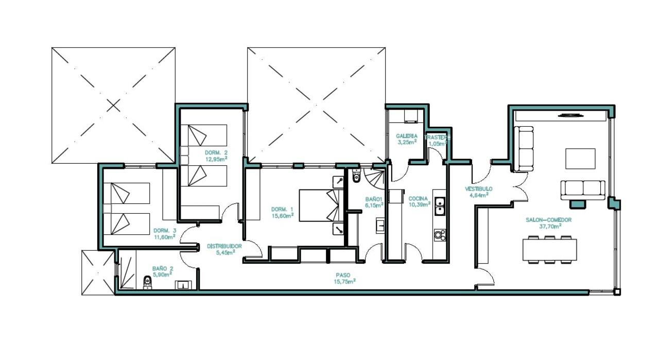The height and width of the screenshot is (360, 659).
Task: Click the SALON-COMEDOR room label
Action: click(x=548, y=219)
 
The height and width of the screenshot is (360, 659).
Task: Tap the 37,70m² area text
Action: click(x=550, y=226)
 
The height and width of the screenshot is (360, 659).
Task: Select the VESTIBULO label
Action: click(x=478, y=189)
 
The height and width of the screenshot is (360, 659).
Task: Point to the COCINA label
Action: click(x=418, y=198)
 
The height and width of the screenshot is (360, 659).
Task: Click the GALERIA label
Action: click(x=406, y=136)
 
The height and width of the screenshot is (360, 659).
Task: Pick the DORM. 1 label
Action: click(x=282, y=209)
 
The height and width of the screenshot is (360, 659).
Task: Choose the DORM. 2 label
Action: click(x=216, y=153)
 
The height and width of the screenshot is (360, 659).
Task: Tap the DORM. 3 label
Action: click(x=165, y=230)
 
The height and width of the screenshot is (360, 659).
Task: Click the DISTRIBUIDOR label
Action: click(x=224, y=246)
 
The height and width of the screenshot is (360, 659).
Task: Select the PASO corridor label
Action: click(x=344, y=275)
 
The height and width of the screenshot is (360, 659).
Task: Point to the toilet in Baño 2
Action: click(x=148, y=282)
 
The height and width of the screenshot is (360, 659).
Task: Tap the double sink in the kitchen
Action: click(x=440, y=206)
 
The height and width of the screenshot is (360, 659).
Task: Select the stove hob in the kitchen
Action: click(x=440, y=235)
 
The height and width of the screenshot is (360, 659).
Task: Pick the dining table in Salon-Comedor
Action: click(x=549, y=250)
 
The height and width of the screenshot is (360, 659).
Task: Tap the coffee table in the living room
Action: click(x=580, y=159)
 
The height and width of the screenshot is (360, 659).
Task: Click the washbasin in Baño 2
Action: click(x=183, y=284)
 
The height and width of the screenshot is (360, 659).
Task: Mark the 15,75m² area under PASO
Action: click(x=345, y=282)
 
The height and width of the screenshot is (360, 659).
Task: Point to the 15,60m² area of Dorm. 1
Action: click(x=283, y=216)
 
